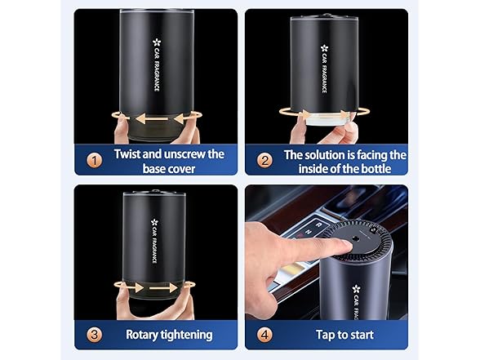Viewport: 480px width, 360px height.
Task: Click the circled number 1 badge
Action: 96,161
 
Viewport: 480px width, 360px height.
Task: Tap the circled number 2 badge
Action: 265,161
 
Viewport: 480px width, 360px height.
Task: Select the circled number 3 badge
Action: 96,334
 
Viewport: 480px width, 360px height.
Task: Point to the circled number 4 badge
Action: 265,334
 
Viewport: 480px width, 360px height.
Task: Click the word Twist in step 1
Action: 131,154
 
